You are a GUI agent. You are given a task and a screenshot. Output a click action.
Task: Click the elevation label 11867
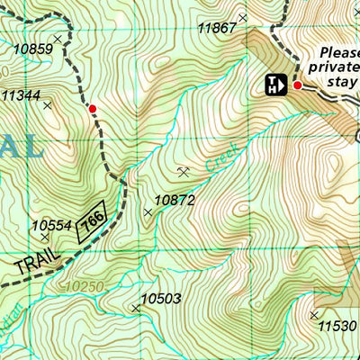(x=217, y=28)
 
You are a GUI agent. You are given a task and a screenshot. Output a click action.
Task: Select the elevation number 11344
(x=21, y=94)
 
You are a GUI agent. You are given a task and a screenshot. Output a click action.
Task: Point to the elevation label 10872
(x=175, y=200)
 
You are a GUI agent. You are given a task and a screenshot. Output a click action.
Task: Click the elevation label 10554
(x=51, y=226)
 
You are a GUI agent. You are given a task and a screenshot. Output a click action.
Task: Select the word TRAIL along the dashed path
(x=35, y=261)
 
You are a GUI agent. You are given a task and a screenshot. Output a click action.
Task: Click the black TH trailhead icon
(x=274, y=85)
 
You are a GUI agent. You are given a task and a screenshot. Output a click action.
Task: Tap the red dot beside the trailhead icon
(x=298, y=85)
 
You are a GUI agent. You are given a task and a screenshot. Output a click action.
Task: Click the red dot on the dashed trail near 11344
(x=92, y=109)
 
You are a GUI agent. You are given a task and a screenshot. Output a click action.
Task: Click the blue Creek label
(x=217, y=158)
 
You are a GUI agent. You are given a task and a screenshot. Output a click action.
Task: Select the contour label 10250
(x=85, y=286)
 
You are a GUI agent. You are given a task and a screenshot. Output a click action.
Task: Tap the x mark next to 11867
(x=241, y=16)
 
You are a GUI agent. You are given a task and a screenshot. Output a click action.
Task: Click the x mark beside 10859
(x=58, y=39)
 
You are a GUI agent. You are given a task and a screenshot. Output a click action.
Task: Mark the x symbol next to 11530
(x=314, y=315)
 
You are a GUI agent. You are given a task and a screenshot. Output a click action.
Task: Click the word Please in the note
(x=339, y=51)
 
